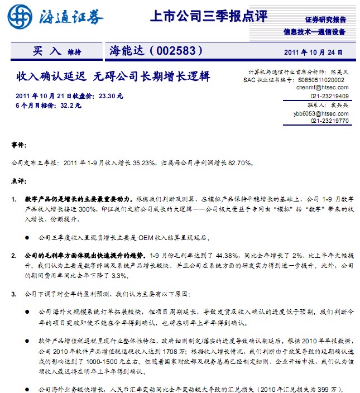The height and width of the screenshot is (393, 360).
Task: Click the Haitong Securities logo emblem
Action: (20, 17)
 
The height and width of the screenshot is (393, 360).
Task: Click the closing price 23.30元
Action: (110, 96)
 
